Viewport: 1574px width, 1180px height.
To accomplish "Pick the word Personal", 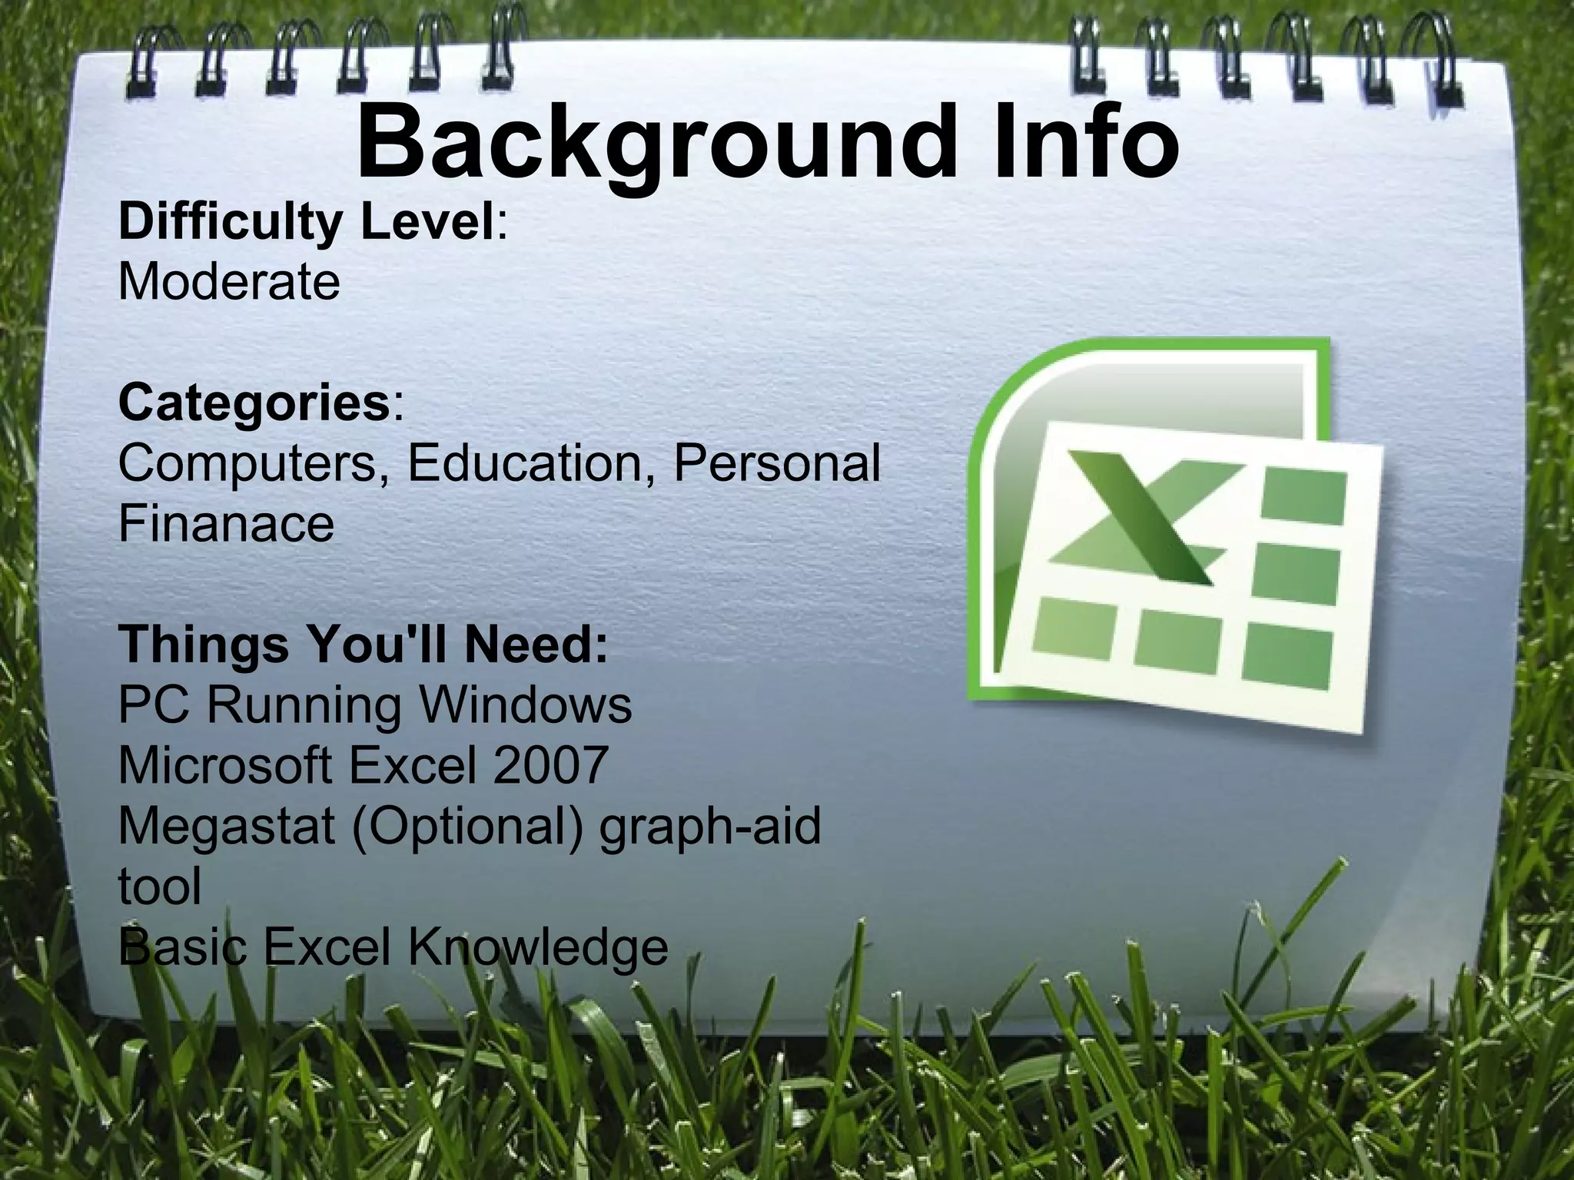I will pos(777,463).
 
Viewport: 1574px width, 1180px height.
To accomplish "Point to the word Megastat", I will pos(227,826).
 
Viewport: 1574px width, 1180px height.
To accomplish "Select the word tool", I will pos(160,886).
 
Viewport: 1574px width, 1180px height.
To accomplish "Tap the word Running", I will pos(304,706).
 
